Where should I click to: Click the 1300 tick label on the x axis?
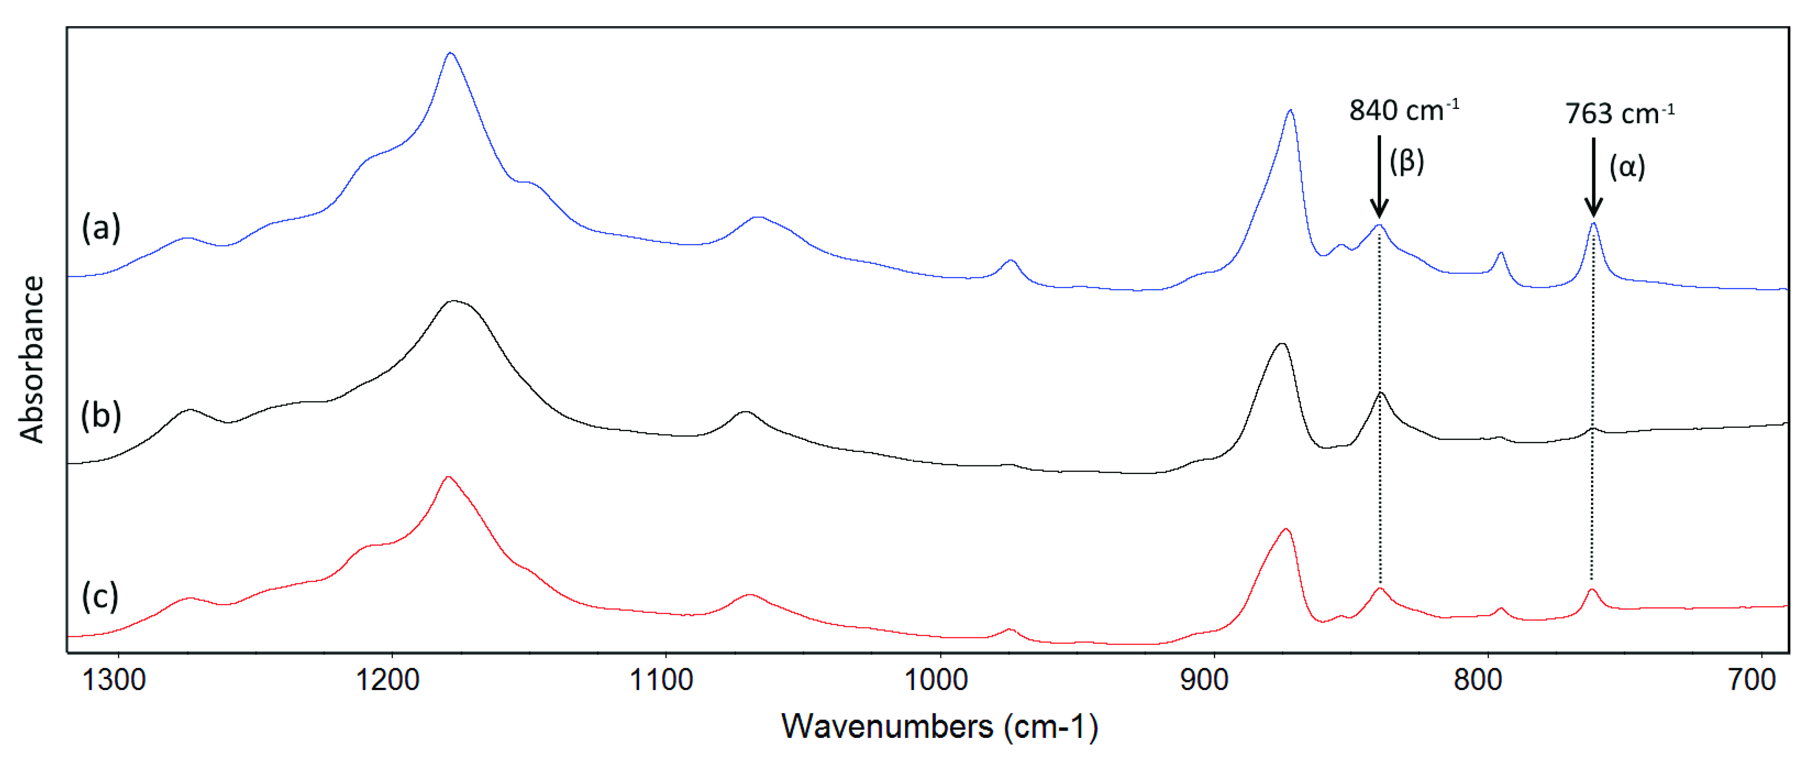pyautogui.click(x=114, y=680)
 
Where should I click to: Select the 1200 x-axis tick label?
pyautogui.click(x=388, y=680)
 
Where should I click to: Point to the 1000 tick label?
pyautogui.click(x=935, y=680)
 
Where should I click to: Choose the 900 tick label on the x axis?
pyautogui.click(x=1204, y=680)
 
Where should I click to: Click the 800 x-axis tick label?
pyautogui.click(x=1478, y=680)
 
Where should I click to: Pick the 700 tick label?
pyautogui.click(x=1752, y=680)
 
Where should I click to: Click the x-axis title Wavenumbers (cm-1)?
pyautogui.click(x=939, y=727)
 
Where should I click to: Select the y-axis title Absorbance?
pyautogui.click(x=32, y=359)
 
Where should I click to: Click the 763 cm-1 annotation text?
pyautogui.click(x=1619, y=113)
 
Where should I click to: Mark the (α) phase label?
pyautogui.click(x=1627, y=167)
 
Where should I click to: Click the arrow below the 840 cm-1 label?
pyautogui.click(x=1379, y=176)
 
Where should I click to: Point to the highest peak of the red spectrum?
pyautogui.click(x=447, y=477)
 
